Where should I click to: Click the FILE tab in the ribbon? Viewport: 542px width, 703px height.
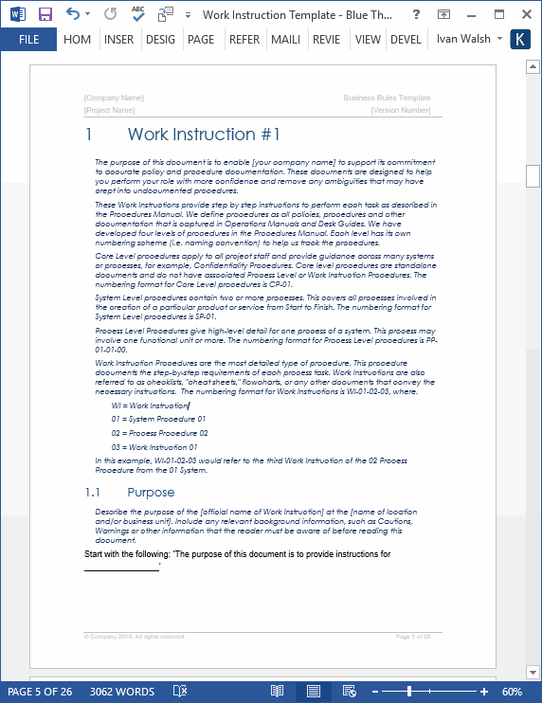(x=28, y=40)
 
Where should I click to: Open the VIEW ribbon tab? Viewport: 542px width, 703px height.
(x=368, y=40)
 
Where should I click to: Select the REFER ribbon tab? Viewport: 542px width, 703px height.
(x=244, y=40)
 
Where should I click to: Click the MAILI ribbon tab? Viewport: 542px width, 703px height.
(x=285, y=40)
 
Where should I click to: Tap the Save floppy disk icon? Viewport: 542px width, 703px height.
(x=45, y=14)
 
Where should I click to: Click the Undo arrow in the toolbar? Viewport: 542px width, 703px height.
(x=73, y=14)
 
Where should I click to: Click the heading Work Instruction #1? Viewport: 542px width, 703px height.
(x=204, y=135)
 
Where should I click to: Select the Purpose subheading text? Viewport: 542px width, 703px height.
(x=151, y=492)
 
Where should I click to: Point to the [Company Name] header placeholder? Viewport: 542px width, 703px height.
(x=114, y=98)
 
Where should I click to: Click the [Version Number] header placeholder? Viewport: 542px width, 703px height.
(x=401, y=110)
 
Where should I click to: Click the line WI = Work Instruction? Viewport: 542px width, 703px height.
(x=150, y=406)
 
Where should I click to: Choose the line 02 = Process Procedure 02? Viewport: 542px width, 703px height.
(x=159, y=433)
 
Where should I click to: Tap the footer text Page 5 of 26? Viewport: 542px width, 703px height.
(x=412, y=637)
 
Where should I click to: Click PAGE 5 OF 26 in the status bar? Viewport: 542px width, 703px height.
(x=40, y=692)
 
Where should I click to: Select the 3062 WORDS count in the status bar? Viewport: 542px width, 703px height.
(x=121, y=692)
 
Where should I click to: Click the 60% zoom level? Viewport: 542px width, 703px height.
(x=513, y=692)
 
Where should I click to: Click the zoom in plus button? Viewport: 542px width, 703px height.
(x=484, y=692)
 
